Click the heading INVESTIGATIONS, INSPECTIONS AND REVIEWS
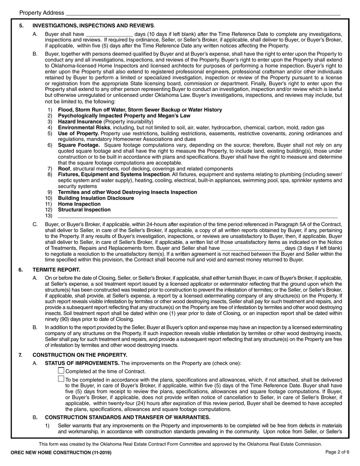93,26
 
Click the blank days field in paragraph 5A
109,34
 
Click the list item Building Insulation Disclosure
96,198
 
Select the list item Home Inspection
79,204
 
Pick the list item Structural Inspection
84,210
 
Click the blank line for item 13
197,216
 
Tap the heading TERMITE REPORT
56,270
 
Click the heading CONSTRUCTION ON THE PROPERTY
80,355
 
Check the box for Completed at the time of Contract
61,371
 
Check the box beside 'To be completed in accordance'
61,378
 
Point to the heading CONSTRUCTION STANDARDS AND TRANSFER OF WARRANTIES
127,418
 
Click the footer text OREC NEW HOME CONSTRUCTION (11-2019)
61,453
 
